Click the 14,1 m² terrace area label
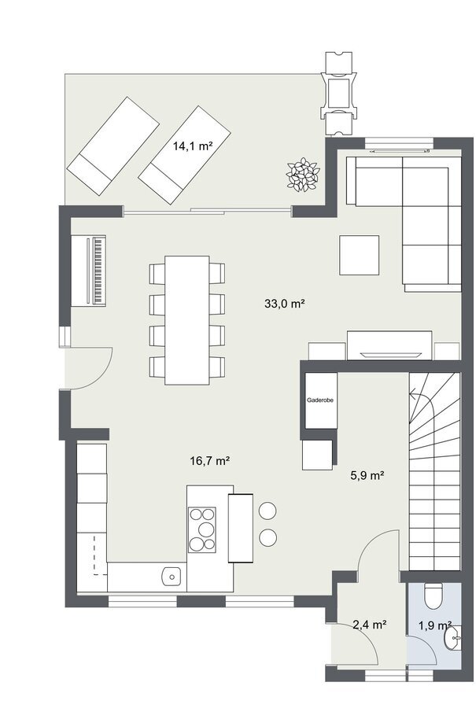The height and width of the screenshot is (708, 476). pyautogui.click(x=193, y=146)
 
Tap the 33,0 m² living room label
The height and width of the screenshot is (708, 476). pyautogui.click(x=284, y=304)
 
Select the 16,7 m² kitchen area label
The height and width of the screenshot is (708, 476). pyautogui.click(x=210, y=461)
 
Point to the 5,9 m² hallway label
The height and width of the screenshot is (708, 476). pyautogui.click(x=367, y=475)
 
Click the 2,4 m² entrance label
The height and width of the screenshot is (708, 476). pyautogui.click(x=369, y=625)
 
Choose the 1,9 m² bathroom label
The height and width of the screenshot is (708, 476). pyautogui.click(x=435, y=625)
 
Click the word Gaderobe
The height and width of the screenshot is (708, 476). pyautogui.click(x=320, y=400)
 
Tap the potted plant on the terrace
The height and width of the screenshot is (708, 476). pyautogui.click(x=303, y=175)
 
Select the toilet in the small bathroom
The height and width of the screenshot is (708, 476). pyautogui.click(x=434, y=595)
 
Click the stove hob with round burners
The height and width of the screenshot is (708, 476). pyautogui.click(x=202, y=529)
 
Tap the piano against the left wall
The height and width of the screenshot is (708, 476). pyautogui.click(x=89, y=271)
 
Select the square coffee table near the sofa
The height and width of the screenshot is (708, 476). pyautogui.click(x=359, y=255)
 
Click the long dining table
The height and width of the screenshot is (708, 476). pyautogui.click(x=187, y=320)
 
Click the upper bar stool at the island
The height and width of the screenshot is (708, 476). pyautogui.click(x=268, y=511)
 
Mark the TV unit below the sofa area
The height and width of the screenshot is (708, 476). pyautogui.click(x=389, y=345)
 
